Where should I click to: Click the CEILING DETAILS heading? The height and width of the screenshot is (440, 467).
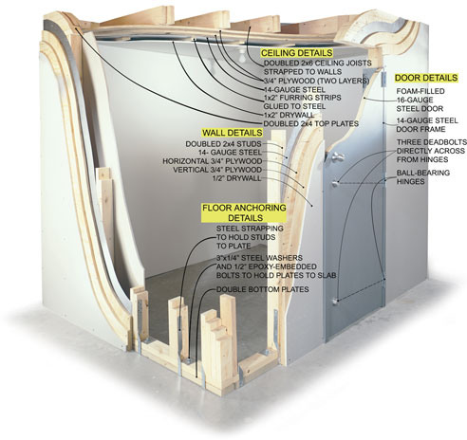(296, 53)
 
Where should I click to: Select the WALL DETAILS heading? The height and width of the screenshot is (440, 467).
(233, 133)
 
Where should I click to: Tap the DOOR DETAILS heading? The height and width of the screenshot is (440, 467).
(426, 78)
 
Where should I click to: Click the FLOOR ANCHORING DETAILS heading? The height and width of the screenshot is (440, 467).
(244, 212)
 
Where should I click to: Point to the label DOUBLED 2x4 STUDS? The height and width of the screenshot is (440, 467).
(223, 144)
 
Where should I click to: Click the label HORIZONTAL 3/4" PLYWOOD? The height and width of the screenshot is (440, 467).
(213, 161)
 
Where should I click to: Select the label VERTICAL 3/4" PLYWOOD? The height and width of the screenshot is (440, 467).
(217, 170)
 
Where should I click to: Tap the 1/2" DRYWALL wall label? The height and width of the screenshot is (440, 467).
(237, 178)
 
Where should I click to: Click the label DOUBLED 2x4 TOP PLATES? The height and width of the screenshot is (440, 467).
(311, 123)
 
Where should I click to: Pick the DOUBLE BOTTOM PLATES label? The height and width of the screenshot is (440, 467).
(263, 289)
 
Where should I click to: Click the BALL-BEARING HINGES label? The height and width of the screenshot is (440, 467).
(423, 177)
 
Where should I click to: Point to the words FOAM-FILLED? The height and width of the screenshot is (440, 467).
(420, 91)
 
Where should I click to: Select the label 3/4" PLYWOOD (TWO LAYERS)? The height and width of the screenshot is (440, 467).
(316, 81)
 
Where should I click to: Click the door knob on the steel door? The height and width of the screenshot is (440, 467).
(335, 156)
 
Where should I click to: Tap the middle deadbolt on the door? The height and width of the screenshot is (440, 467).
(335, 182)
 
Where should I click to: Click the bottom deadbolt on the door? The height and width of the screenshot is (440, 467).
(335, 302)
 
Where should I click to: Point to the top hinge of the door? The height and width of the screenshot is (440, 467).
(383, 78)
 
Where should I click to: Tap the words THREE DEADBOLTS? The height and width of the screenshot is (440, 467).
(432, 142)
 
